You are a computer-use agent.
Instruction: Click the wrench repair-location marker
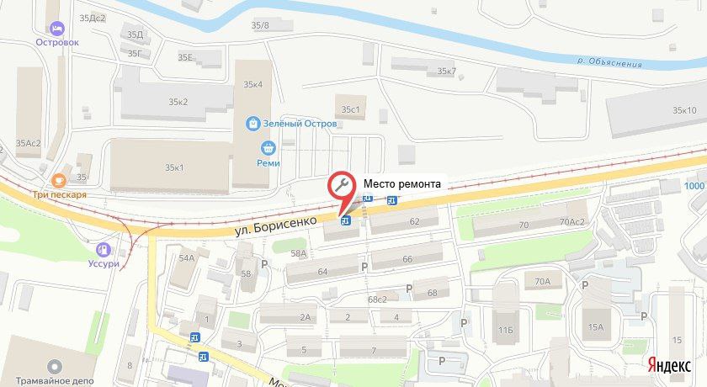342,184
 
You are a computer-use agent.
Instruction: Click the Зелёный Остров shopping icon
252,124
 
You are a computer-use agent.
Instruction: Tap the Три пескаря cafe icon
58,179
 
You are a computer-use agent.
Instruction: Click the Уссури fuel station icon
103,249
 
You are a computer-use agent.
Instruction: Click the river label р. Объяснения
609,63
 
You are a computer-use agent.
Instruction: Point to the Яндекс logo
670,364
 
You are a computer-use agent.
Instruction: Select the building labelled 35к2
177,102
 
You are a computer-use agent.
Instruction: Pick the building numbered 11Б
504,331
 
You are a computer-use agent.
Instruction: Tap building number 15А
596,327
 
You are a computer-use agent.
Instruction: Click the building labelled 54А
186,259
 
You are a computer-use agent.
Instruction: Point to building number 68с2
376,299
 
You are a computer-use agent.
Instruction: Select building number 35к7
446,72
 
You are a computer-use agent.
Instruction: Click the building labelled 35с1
350,109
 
